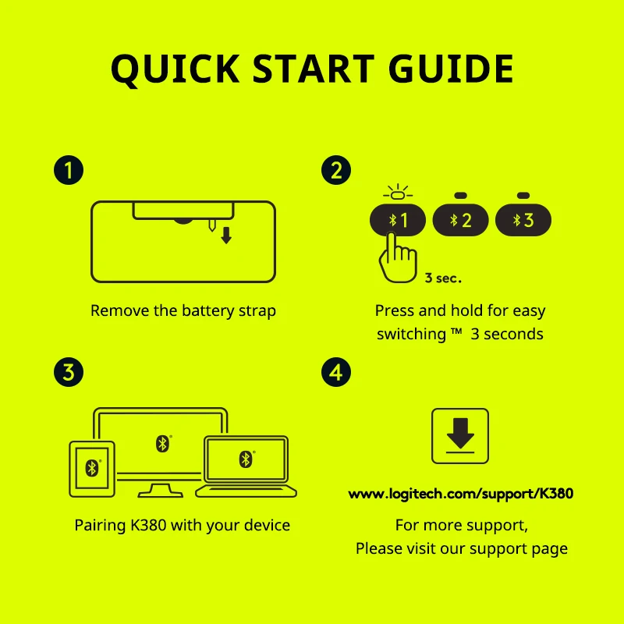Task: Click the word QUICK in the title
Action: click(x=175, y=69)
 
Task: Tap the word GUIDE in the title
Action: click(x=451, y=69)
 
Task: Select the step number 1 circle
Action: click(x=69, y=170)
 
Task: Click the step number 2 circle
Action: click(x=336, y=170)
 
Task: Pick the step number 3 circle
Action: click(x=69, y=372)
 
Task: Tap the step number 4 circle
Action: click(x=336, y=372)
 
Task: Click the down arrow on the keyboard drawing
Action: click(x=226, y=236)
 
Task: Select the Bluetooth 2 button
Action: click(x=460, y=220)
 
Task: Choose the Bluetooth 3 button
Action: click(x=523, y=220)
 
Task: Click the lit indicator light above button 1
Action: click(x=398, y=195)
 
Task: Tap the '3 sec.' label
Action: click(x=443, y=278)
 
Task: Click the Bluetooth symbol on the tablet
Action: click(x=92, y=468)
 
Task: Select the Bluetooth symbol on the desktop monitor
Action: click(x=162, y=443)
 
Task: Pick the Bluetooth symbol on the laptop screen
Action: click(x=246, y=459)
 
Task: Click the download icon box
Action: click(x=460, y=436)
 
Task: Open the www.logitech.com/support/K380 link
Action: click(x=460, y=494)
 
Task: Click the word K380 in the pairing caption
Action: click(x=148, y=525)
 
